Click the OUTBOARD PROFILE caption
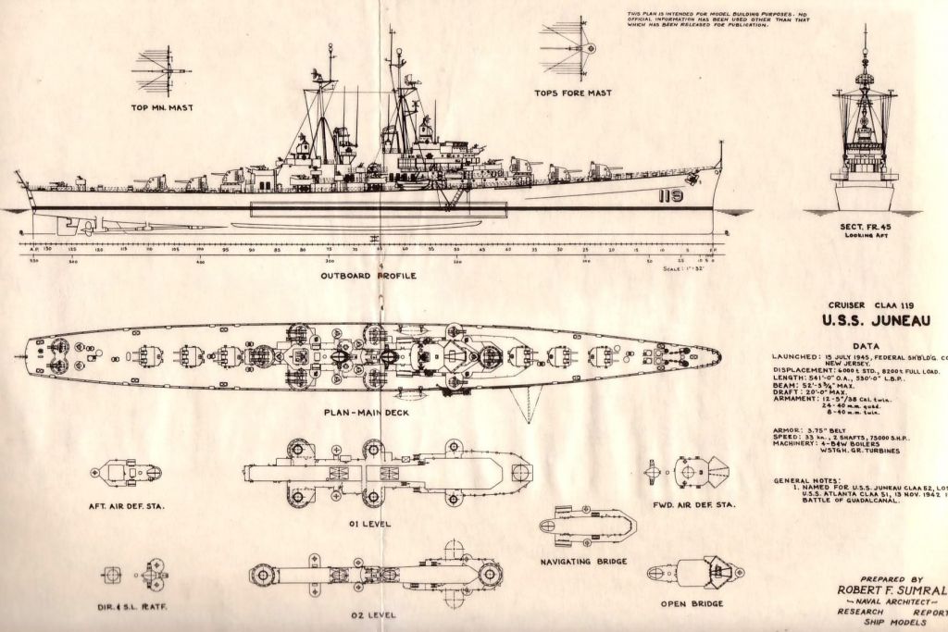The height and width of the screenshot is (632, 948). (368, 276)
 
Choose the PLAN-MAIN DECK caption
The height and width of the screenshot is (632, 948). (368, 412)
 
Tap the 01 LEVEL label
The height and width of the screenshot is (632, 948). (370, 524)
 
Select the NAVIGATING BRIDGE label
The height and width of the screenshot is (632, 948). (584, 562)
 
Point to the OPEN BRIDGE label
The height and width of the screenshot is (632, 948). (692, 604)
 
